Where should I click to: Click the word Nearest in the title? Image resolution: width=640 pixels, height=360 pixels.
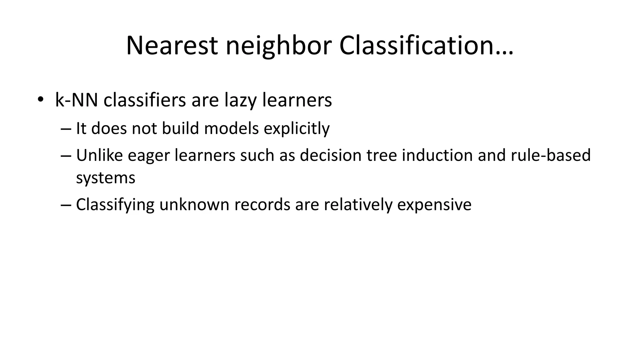pyautogui.click(x=172, y=46)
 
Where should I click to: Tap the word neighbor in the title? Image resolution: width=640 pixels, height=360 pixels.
pyautogui.click(x=278, y=46)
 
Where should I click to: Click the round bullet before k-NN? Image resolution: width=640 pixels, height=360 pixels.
pyautogui.click(x=40, y=100)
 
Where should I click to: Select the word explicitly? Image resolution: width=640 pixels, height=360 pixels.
pyautogui.click(x=297, y=128)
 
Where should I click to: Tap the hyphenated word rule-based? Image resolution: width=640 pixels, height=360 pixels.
pyautogui.click(x=551, y=155)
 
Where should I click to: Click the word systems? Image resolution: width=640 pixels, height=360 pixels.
pyautogui.click(x=106, y=178)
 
